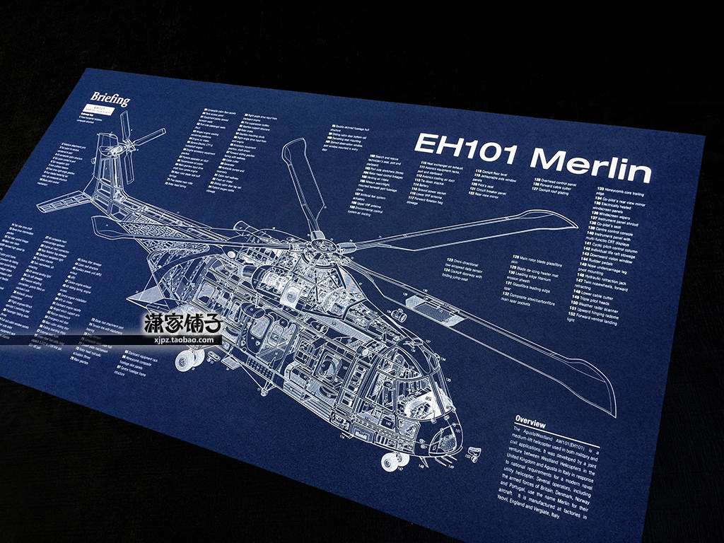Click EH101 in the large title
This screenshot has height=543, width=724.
(467, 146)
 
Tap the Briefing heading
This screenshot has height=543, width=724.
(110, 99)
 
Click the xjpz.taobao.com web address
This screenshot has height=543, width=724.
(183, 339)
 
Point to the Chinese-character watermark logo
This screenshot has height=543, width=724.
(183, 325)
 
